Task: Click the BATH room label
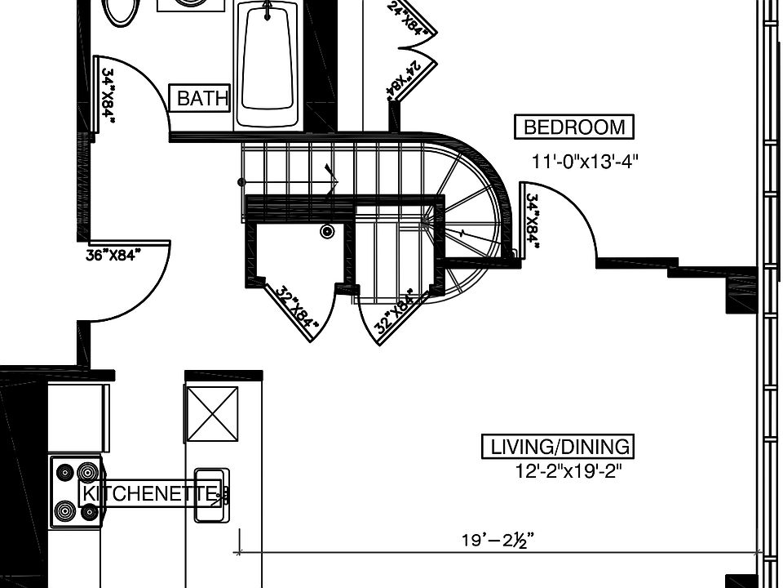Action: tap(202, 99)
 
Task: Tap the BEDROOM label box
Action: tap(574, 127)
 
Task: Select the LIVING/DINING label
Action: tap(560, 447)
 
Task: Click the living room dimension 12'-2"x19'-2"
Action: tap(573, 471)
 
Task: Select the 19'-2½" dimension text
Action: tap(498, 540)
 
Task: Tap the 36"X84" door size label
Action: tap(113, 255)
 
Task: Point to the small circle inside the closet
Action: tap(328, 232)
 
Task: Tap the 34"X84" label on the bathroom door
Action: tap(108, 96)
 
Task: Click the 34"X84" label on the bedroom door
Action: tap(533, 220)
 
